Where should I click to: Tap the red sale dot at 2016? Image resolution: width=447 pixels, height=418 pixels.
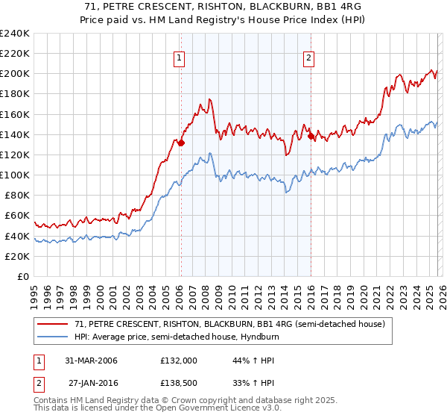coord(311,136)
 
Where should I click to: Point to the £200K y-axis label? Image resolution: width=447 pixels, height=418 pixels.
coord(15,74)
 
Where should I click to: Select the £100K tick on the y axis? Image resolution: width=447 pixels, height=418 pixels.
coord(15,175)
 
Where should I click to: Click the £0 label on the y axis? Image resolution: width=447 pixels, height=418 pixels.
coord(22,276)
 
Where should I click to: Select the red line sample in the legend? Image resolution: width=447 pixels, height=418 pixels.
coord(53,324)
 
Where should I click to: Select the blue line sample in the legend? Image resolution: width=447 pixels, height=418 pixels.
coord(53,337)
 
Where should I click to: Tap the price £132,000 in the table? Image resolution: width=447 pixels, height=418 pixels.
coord(179,361)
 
